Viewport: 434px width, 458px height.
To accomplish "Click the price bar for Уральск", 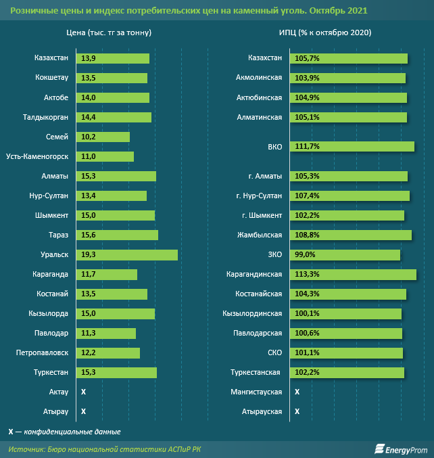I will tap(127, 255).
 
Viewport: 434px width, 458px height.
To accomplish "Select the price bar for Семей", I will tap(103, 137).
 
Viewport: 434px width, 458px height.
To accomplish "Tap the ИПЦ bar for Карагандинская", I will tap(352, 275).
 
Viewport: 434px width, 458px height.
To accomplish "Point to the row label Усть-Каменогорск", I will tap(37, 156).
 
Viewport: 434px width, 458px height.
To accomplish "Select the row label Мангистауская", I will tap(256, 392).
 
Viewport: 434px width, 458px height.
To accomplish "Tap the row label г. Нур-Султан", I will tap(259, 196).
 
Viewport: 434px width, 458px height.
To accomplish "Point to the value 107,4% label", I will tap(307, 196).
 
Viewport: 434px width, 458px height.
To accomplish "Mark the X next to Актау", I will tap(83, 392).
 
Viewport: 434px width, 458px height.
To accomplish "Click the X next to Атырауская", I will tap(297, 411).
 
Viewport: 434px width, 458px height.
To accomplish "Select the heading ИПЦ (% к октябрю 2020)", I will tap(324, 32).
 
